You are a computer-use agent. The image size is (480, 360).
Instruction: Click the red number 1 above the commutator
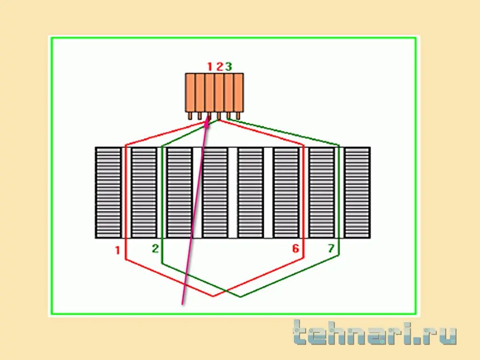pos(210,67)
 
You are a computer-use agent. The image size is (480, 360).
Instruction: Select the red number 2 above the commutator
pos(219,67)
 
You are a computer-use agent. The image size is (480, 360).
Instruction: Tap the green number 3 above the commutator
pos(229,67)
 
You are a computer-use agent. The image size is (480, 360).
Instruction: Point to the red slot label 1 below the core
pos(118,250)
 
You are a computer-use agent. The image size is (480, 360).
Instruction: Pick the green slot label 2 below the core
pos(155,248)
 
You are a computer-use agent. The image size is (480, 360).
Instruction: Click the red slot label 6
pos(295,248)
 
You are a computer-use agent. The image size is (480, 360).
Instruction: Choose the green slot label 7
pos(331,248)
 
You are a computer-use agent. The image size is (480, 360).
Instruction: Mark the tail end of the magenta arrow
pos(182,304)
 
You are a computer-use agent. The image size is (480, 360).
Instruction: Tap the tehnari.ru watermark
pos(375,333)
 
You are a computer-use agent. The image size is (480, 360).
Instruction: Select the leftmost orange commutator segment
pos(190,92)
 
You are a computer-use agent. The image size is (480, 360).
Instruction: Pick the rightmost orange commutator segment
pos(239,92)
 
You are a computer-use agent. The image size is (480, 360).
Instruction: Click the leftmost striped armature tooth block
pos(108,193)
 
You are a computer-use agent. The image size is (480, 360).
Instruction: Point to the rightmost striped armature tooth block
pos(357,193)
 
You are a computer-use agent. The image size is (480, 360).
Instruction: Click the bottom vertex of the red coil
pos(213,296)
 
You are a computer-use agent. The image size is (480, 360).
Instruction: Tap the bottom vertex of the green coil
pos(240,296)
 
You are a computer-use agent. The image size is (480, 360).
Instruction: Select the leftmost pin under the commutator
pos(190,116)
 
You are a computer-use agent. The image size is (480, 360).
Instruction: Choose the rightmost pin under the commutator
pos(238,116)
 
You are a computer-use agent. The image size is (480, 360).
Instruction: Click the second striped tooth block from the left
pos(144,193)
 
